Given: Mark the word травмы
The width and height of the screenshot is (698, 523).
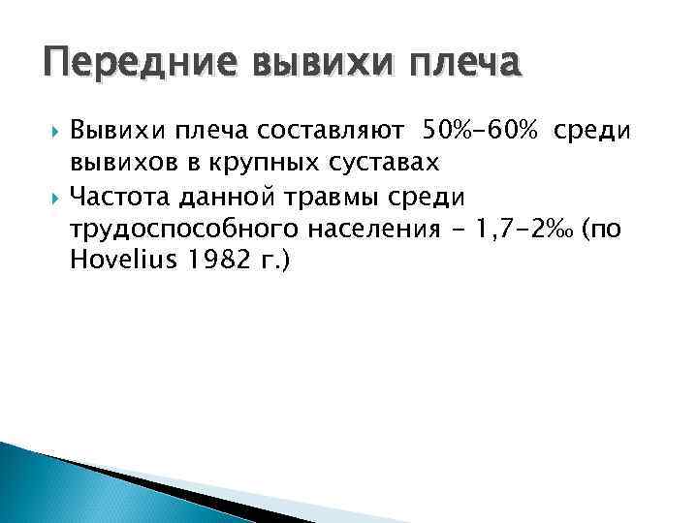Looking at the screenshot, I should click(331, 198).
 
